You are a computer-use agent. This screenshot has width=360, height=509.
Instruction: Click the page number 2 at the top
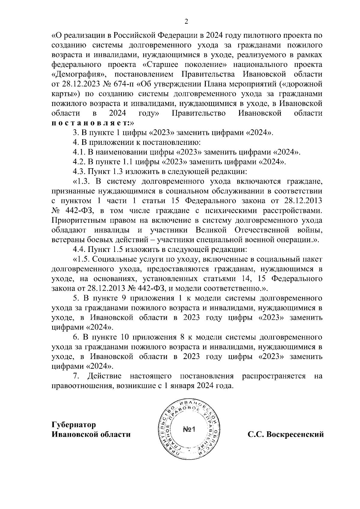click(186, 21)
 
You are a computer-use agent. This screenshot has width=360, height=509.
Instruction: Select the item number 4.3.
click(79, 172)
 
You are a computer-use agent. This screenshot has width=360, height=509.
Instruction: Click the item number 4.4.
click(79, 250)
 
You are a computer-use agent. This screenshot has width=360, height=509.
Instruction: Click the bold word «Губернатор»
click(74, 425)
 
